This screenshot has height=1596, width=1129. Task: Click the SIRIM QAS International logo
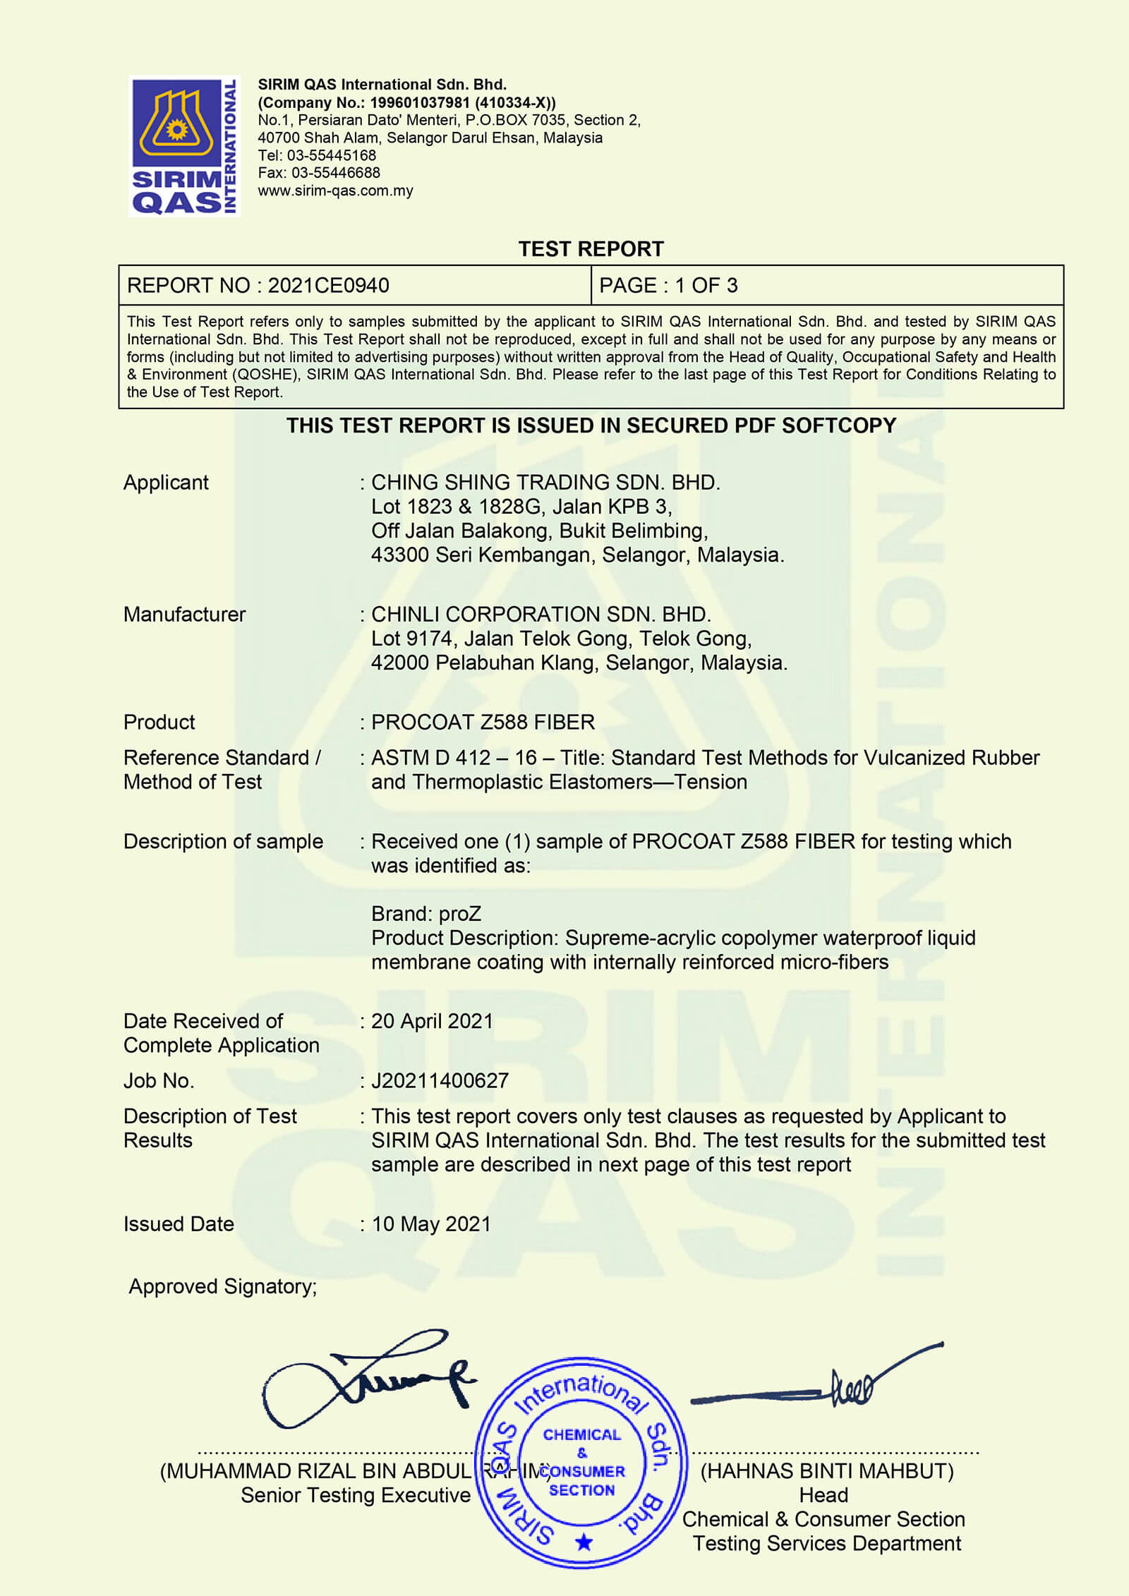click(184, 146)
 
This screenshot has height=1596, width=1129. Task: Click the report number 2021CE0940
click(328, 286)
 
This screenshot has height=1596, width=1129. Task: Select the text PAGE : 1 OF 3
click(668, 286)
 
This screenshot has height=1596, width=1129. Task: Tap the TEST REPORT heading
click(591, 249)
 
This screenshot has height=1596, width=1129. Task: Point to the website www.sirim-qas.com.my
click(335, 191)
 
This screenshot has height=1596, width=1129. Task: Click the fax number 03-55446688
click(335, 173)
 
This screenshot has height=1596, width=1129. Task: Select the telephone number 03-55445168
click(331, 155)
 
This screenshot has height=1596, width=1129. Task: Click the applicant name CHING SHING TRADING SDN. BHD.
click(545, 483)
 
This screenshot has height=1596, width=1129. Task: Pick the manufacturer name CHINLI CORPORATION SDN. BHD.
click(541, 615)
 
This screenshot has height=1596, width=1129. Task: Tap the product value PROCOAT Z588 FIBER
click(483, 723)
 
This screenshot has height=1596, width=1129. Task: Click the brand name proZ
click(459, 914)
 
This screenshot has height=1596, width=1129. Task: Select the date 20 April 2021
click(432, 1022)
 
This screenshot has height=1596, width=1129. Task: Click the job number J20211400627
click(440, 1081)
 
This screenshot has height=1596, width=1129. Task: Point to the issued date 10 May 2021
click(431, 1224)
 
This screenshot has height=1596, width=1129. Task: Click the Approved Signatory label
click(223, 1287)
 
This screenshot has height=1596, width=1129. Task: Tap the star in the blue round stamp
click(584, 1542)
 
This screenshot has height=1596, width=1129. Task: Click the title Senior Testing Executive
click(356, 1495)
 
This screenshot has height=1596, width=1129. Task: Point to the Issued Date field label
click(179, 1224)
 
